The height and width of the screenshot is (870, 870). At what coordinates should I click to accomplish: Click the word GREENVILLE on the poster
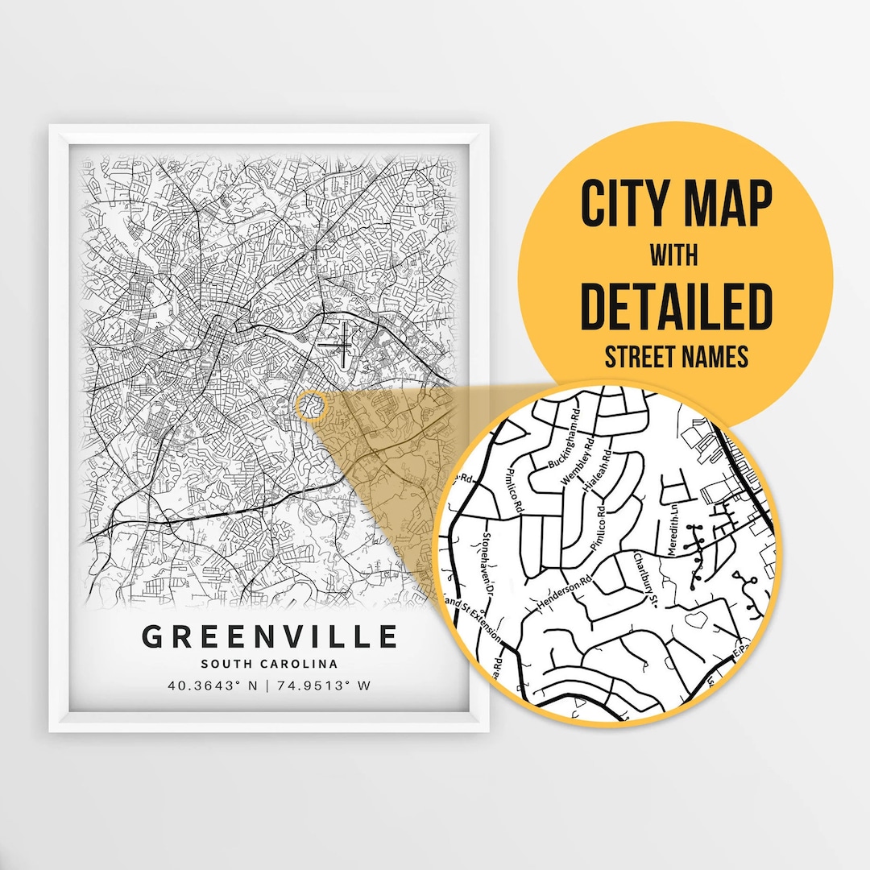tap(269, 636)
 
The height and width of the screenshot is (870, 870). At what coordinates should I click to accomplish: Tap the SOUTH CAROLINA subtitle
tap(269, 664)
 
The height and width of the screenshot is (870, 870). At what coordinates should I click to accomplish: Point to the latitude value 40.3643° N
tap(213, 686)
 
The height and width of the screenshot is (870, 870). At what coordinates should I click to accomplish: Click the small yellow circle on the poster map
tap(309, 406)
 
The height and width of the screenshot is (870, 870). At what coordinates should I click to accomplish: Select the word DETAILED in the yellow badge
tap(676, 306)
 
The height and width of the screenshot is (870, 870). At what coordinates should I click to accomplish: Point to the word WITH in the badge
tap(676, 255)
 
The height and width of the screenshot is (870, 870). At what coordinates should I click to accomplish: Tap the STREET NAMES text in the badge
tap(676, 357)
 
